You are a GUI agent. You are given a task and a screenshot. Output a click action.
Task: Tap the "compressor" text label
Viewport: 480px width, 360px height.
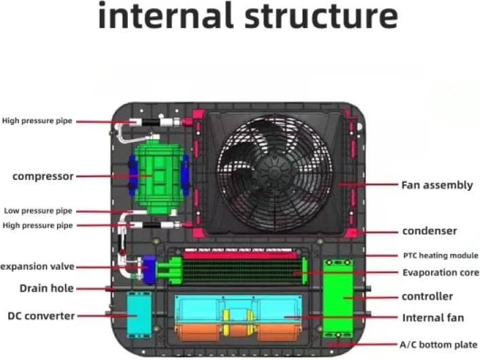[x=43, y=176]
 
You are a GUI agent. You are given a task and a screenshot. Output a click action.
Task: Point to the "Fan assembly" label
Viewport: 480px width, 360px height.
[x=436, y=185]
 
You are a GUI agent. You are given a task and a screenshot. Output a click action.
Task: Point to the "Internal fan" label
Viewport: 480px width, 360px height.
[x=433, y=317]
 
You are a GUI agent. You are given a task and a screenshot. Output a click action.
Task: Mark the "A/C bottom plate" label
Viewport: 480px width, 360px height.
[x=439, y=344]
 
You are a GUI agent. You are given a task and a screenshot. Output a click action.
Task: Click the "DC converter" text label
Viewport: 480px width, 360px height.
[x=41, y=315]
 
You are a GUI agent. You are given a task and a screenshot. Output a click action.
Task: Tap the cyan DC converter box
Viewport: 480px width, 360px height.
[x=139, y=315]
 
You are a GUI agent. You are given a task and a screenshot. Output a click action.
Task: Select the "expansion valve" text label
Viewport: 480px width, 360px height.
[x=37, y=266]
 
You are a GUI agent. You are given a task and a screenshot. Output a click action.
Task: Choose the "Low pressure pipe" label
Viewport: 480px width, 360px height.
[x=37, y=211]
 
